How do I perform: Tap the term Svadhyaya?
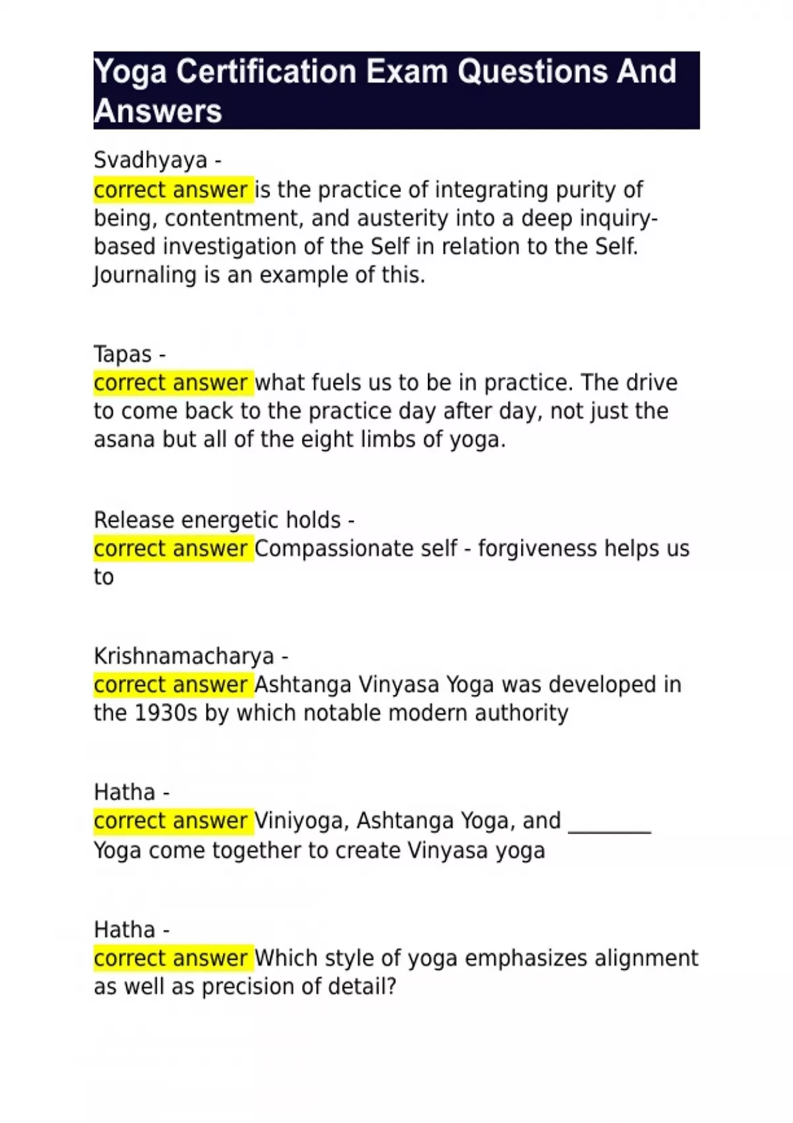pyautogui.click(x=150, y=160)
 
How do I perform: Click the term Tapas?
pyautogui.click(x=123, y=354)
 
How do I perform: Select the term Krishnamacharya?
pyautogui.click(x=184, y=656)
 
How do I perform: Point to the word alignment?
pyautogui.click(x=646, y=958)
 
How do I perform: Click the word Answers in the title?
pyautogui.click(x=158, y=111)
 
